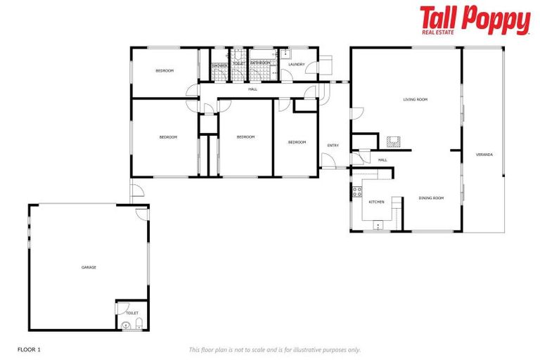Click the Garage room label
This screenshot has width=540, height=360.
(x=89, y=267)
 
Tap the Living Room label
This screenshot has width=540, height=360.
(x=415, y=100)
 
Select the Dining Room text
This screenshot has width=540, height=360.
(x=431, y=198)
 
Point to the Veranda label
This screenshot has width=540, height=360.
(x=484, y=154)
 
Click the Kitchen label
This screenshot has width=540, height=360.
(x=377, y=202)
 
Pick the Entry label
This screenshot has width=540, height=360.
(x=333, y=146)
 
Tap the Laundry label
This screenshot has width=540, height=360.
(x=296, y=65)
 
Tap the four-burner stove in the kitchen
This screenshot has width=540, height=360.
(x=357, y=192)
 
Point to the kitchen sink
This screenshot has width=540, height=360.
(x=378, y=226)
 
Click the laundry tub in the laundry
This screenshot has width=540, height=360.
(x=285, y=53)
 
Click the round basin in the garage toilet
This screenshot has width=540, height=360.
(x=126, y=326)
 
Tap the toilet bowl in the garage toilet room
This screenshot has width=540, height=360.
(x=139, y=323)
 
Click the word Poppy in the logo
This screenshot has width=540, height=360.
(x=496, y=19)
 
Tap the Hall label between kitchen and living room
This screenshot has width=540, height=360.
(x=382, y=160)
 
